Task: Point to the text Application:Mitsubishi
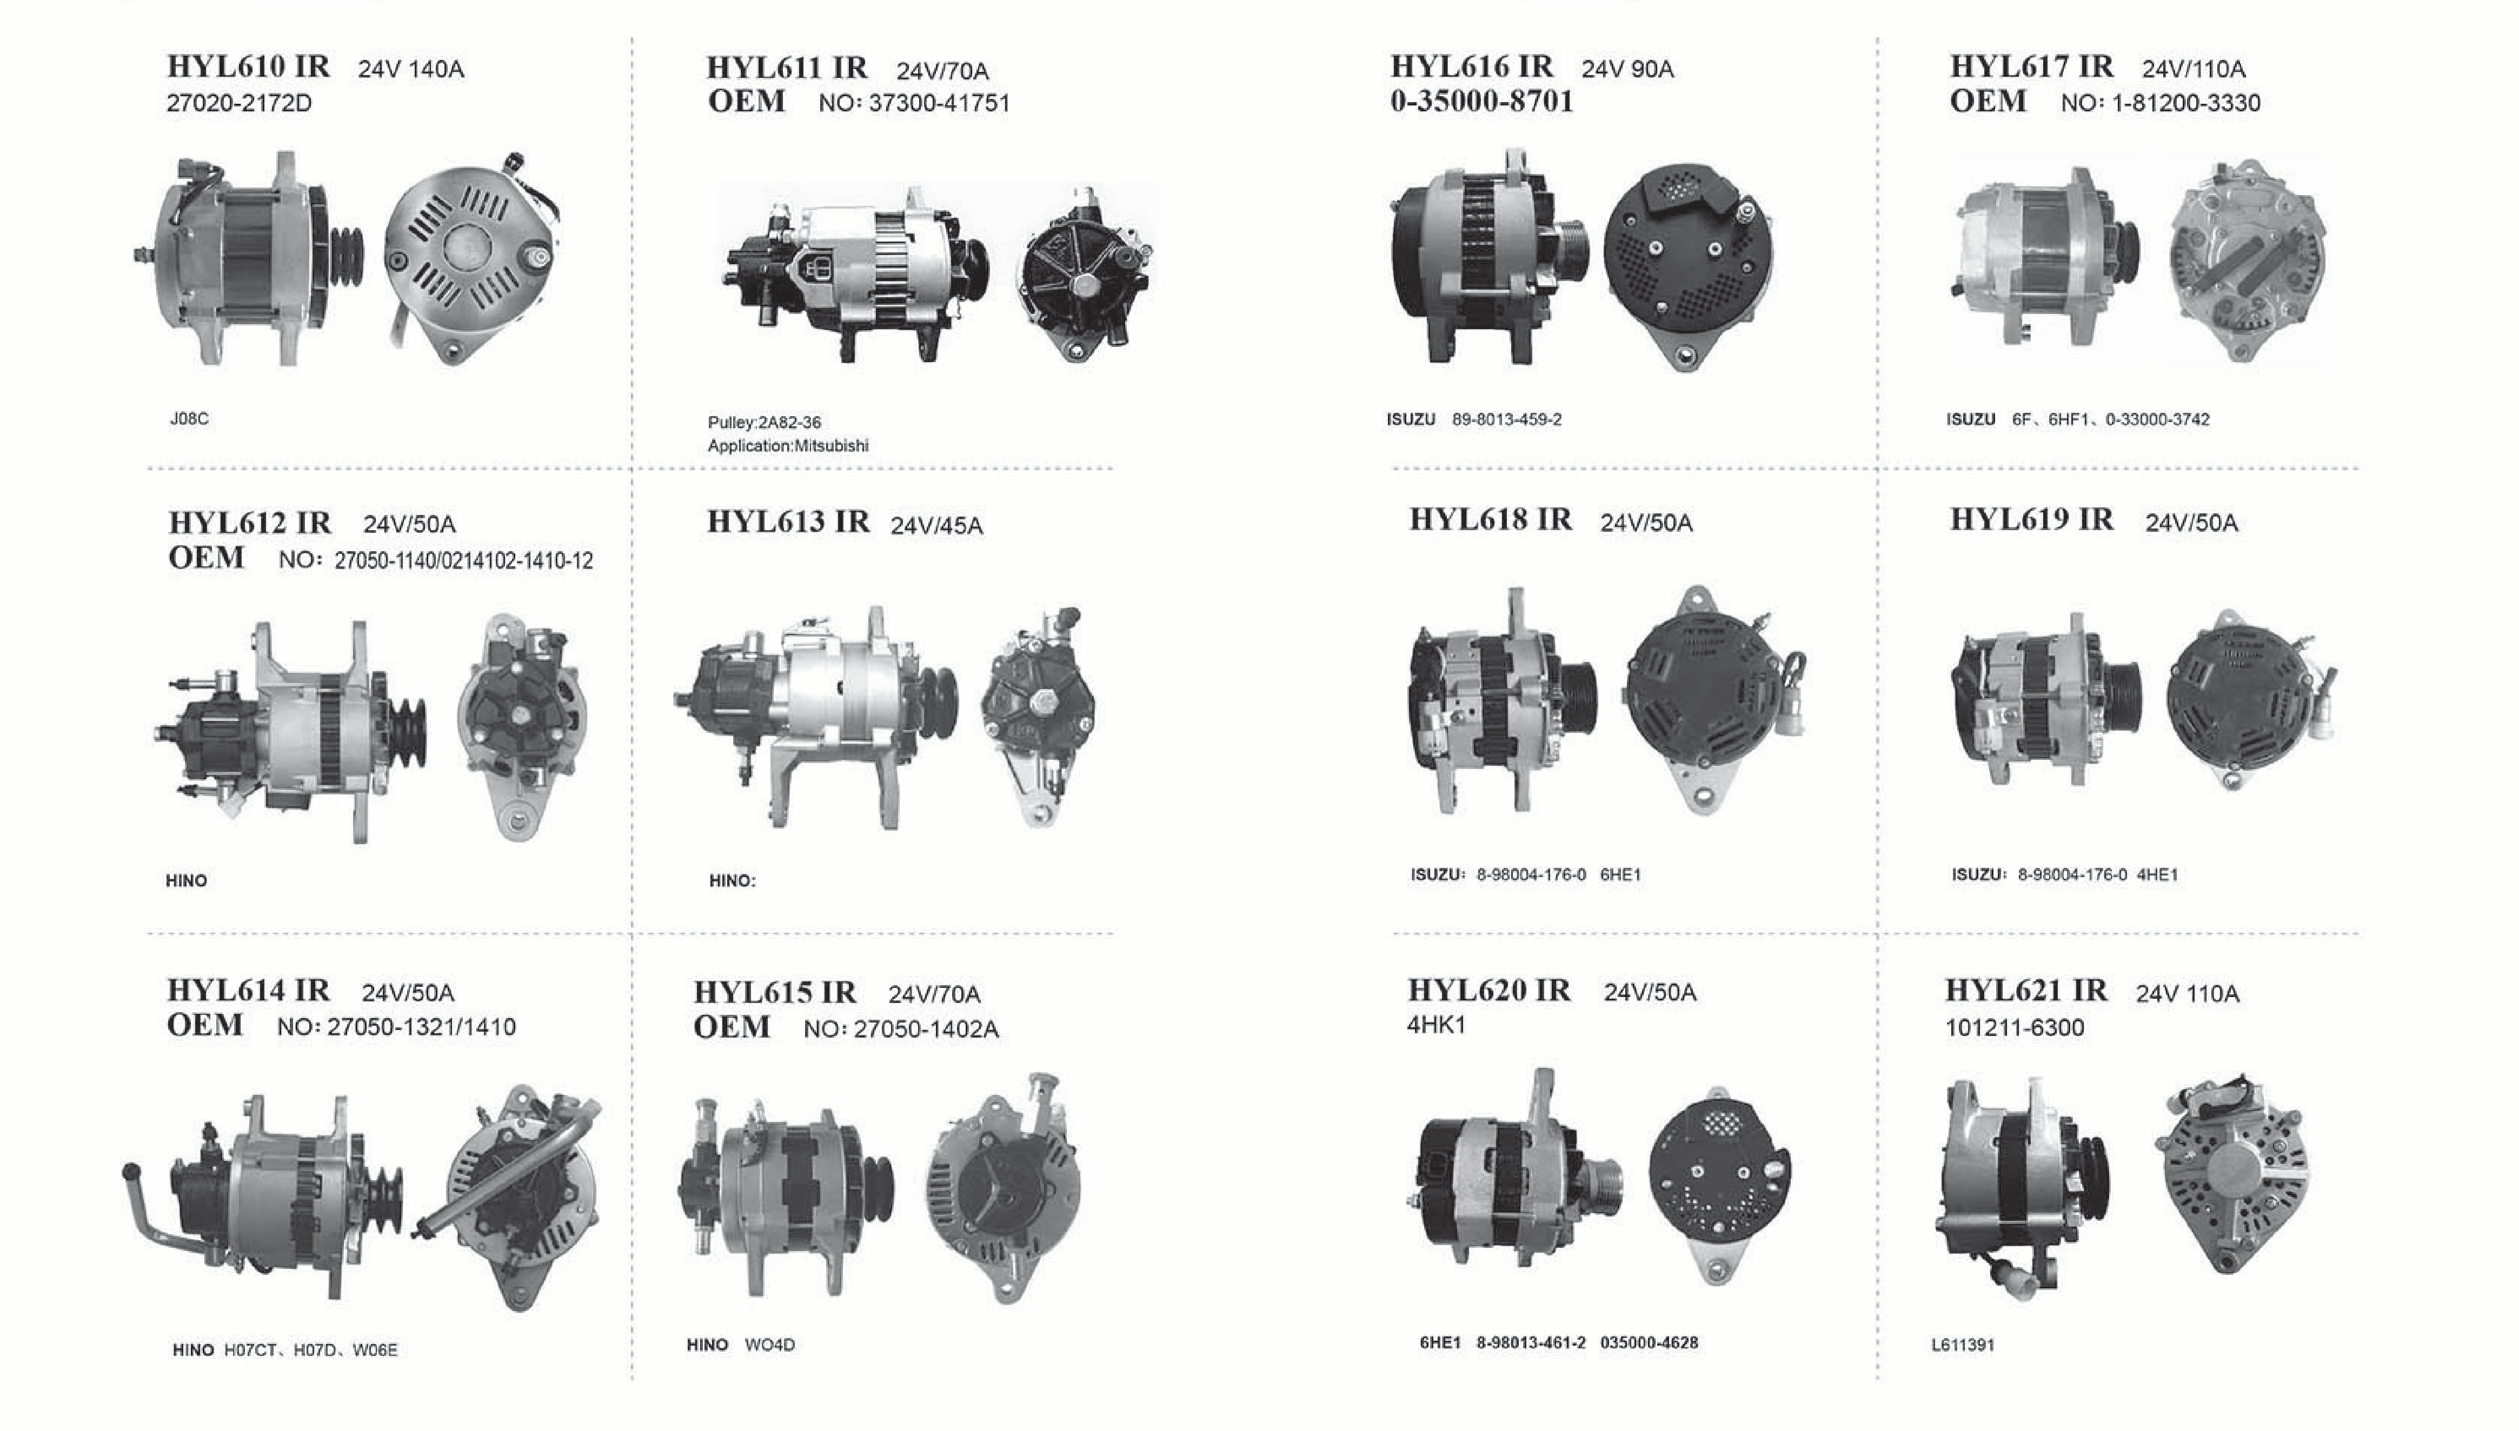[x=788, y=445]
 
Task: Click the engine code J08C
[x=189, y=419]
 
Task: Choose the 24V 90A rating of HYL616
[x=1627, y=69]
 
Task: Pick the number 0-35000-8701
[x=1481, y=101]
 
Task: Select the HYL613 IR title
[x=788, y=522]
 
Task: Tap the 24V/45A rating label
[x=936, y=526]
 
